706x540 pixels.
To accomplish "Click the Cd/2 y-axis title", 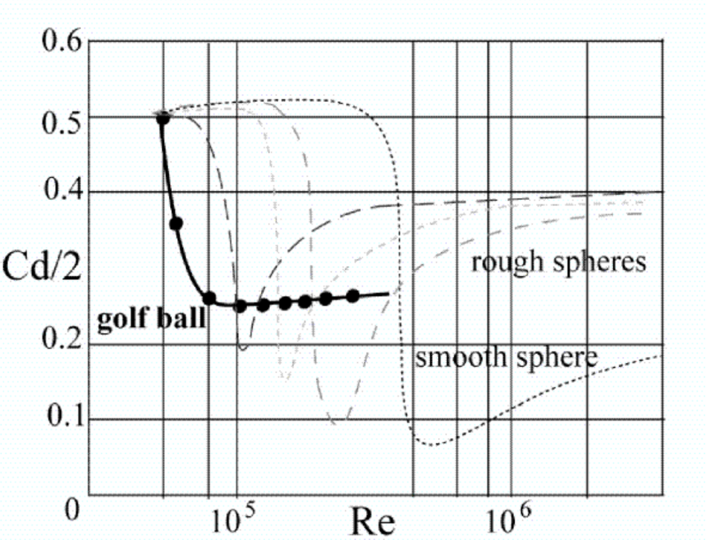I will [x=41, y=269].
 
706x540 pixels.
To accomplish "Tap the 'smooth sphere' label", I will [x=507, y=358].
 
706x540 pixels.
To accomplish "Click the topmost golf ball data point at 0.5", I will [x=163, y=118].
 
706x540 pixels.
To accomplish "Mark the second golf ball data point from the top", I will [x=175, y=224].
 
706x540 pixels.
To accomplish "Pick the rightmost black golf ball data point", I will [x=353, y=295].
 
